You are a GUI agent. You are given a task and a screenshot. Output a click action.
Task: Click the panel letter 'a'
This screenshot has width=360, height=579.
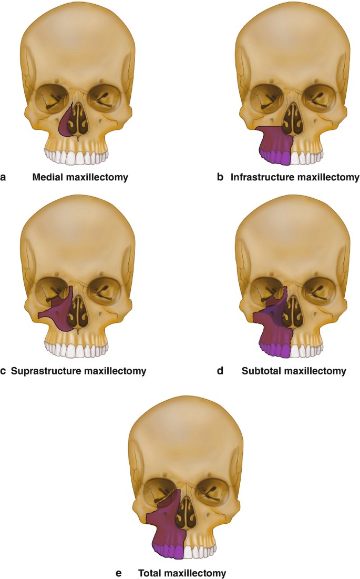click(4, 178)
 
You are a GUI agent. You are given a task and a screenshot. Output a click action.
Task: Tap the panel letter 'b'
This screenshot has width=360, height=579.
click(221, 178)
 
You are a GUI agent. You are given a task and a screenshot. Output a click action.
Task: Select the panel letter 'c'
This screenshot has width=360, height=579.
click(4, 371)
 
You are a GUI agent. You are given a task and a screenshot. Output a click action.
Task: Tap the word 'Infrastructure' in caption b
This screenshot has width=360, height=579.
click(260, 178)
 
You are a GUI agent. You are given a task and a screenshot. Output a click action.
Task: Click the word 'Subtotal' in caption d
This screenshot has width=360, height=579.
click(261, 371)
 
